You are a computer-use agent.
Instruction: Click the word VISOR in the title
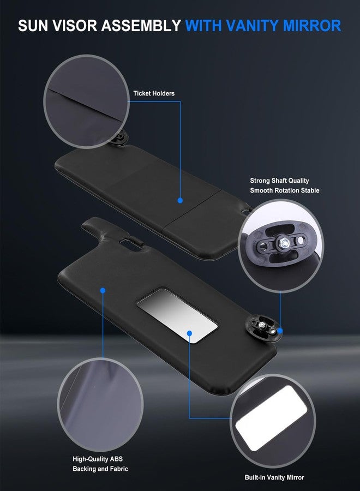75,26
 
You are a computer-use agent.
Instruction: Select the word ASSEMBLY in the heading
141,26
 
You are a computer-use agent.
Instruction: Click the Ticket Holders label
154,93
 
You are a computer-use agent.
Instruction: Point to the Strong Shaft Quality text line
279,181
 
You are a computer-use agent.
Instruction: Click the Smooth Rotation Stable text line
285,190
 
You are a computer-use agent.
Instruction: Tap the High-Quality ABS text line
98,459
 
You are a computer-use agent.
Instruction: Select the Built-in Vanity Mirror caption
274,477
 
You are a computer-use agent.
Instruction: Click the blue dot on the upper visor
180,200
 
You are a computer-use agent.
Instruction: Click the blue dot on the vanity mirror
189,333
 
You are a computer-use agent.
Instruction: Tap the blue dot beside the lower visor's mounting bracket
280,331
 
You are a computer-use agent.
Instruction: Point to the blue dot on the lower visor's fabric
103,290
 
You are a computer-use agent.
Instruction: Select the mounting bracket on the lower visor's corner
263,328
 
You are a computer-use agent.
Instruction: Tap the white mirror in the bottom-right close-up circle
271,418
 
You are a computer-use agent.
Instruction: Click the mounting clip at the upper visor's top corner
120,139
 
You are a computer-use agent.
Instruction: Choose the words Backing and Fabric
100,469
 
